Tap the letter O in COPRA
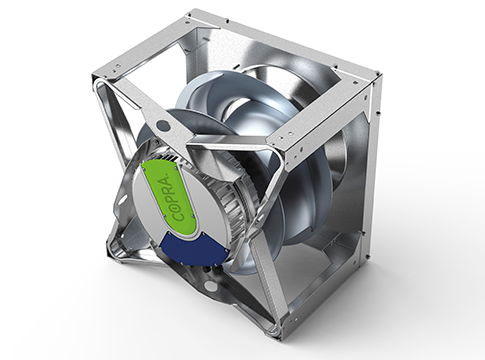pyautogui.click(x=178, y=205)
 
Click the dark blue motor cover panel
pyautogui.click(x=194, y=248)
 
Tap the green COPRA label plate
pyautogui.click(x=169, y=197)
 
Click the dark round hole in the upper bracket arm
pyautogui.click(x=163, y=125)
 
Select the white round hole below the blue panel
pyautogui.click(x=210, y=285)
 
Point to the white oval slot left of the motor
pyautogui.click(x=123, y=201)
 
